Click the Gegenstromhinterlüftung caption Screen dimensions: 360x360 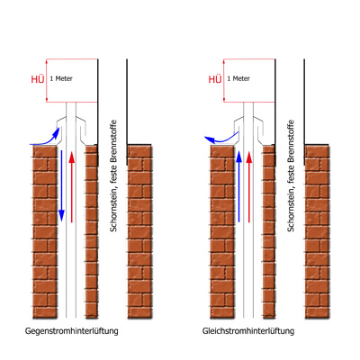[71, 331]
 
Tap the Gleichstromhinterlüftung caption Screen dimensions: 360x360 [248, 331]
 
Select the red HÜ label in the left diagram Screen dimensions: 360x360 [38, 79]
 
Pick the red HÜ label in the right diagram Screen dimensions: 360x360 [215, 79]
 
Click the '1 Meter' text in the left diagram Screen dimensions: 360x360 [61, 78]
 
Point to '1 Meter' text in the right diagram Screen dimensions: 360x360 [238, 78]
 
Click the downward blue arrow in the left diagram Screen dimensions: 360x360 [61, 186]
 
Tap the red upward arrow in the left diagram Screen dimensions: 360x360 [71, 187]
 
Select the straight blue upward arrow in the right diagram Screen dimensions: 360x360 [238, 186]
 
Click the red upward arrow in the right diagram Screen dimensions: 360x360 [248, 187]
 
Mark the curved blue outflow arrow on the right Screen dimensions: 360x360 [222, 140]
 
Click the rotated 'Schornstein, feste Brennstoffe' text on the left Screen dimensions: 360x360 [113, 176]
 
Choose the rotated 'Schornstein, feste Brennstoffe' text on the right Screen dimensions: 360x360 [291, 176]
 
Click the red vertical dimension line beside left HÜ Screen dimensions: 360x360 [47, 80]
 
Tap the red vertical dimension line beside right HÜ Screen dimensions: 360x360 [224, 80]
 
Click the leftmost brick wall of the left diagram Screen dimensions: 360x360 [45, 231]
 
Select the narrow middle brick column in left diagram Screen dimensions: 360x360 [92, 231]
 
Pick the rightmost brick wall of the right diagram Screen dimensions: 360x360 [317, 231]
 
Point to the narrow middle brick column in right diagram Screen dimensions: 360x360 [269, 231]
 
